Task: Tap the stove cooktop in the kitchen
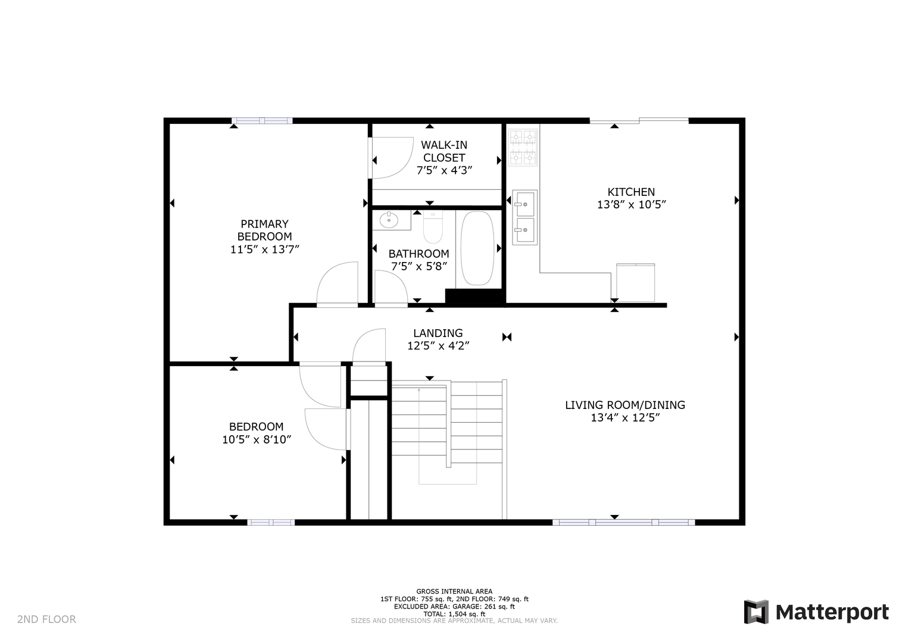coord(523,148)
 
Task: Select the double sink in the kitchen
coord(524,217)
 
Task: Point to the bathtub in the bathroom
coord(477,248)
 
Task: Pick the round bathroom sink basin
coord(389,220)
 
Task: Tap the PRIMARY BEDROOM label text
coord(264,230)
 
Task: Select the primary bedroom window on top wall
coord(262,120)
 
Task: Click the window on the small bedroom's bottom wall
coord(271,523)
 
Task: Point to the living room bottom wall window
coord(623,523)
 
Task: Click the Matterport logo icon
coord(756,612)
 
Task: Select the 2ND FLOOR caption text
coord(46,619)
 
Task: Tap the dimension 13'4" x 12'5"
coord(625,418)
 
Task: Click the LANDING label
coord(438,333)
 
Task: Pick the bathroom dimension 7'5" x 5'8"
coord(419,266)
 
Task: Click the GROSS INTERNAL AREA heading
coord(454,591)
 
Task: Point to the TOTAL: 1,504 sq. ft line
coord(454,614)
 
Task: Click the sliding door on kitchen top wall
coord(639,120)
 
